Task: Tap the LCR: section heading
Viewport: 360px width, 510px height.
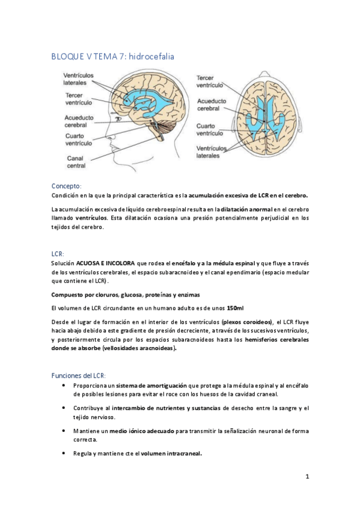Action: (59, 254)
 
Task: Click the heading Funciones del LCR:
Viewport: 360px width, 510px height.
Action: (79, 375)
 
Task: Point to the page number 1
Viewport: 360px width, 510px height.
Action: (307, 476)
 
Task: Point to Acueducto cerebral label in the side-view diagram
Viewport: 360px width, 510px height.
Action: (81, 121)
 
